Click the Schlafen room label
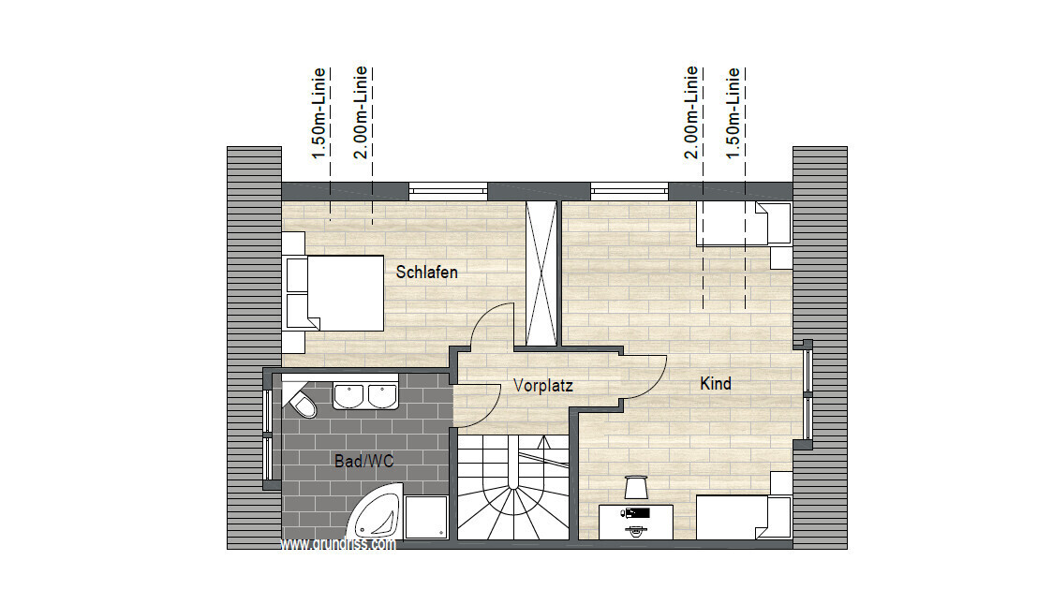pyautogui.click(x=427, y=273)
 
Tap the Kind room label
pyautogui.click(x=715, y=384)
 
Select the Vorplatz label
pyautogui.click(x=542, y=386)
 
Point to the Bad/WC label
pyautogui.click(x=363, y=461)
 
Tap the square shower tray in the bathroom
pyautogui.click(x=427, y=517)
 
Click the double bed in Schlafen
pyautogui.click(x=334, y=293)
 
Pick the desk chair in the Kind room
pyautogui.click(x=635, y=487)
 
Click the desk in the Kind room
pyautogui.click(x=636, y=522)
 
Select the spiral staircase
pyautogui.click(x=513, y=486)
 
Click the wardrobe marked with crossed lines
pyautogui.click(x=541, y=273)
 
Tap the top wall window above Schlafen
pyautogui.click(x=448, y=191)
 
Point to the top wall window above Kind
pyautogui.click(x=630, y=191)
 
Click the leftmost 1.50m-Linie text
pyautogui.click(x=319, y=113)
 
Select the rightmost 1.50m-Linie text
pyautogui.click(x=733, y=113)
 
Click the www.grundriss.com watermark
pyautogui.click(x=337, y=544)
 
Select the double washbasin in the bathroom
pyautogui.click(x=365, y=395)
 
